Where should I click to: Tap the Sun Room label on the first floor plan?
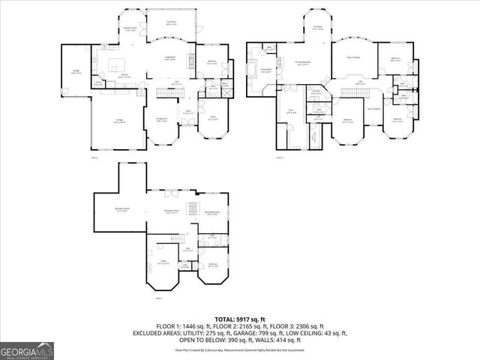pos(172,23)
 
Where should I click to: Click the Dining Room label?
pos(160,120)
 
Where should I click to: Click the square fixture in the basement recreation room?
pos(192,208)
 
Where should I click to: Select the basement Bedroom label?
pos(213,265)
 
